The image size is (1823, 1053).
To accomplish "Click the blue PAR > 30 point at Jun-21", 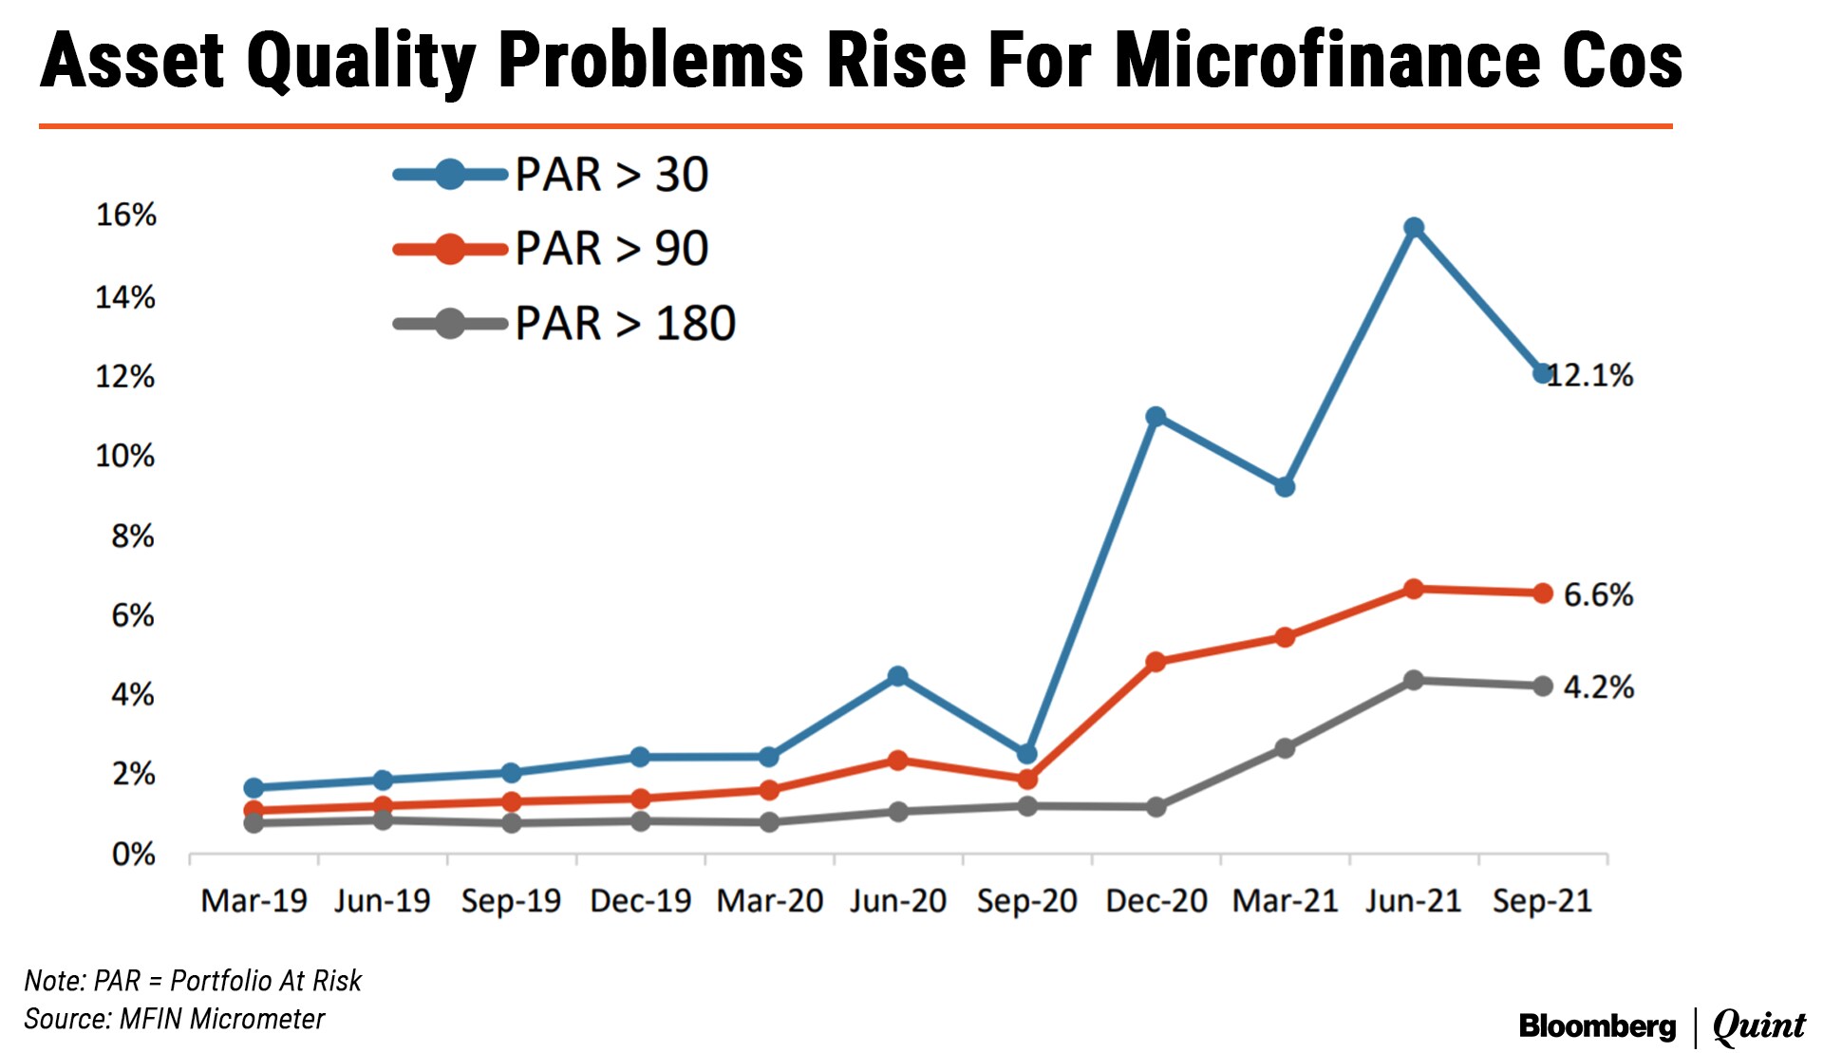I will coord(1414,228).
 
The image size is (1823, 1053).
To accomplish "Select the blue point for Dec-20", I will coord(1156,417).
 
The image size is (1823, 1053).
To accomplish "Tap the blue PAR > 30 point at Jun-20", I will coord(897,676).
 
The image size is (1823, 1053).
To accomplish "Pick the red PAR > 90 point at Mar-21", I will coord(1285,637).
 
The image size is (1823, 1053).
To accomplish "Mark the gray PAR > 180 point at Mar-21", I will coord(1285,748).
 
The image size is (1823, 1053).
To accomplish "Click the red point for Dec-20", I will coord(1156,662).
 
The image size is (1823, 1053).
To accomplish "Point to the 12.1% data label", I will coord(1590,376).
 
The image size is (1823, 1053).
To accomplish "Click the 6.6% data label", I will coord(1598,595).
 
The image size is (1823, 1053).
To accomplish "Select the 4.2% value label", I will coord(1598,687).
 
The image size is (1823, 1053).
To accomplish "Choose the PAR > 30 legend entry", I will coord(611,175).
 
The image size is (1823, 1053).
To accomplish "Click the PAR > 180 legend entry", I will coord(625,324).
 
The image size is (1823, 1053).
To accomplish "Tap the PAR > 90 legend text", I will coord(611,249).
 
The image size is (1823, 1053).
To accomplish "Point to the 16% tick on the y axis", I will coord(126,216).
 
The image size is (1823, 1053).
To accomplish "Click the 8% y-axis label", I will coord(133,536).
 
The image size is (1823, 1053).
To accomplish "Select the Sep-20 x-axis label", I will coord(1026,900).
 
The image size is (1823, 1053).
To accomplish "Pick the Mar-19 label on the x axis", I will coord(254,900).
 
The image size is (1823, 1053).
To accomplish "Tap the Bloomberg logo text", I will coord(1597,1026).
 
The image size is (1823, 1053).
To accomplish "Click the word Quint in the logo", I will coord(1758,1026).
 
